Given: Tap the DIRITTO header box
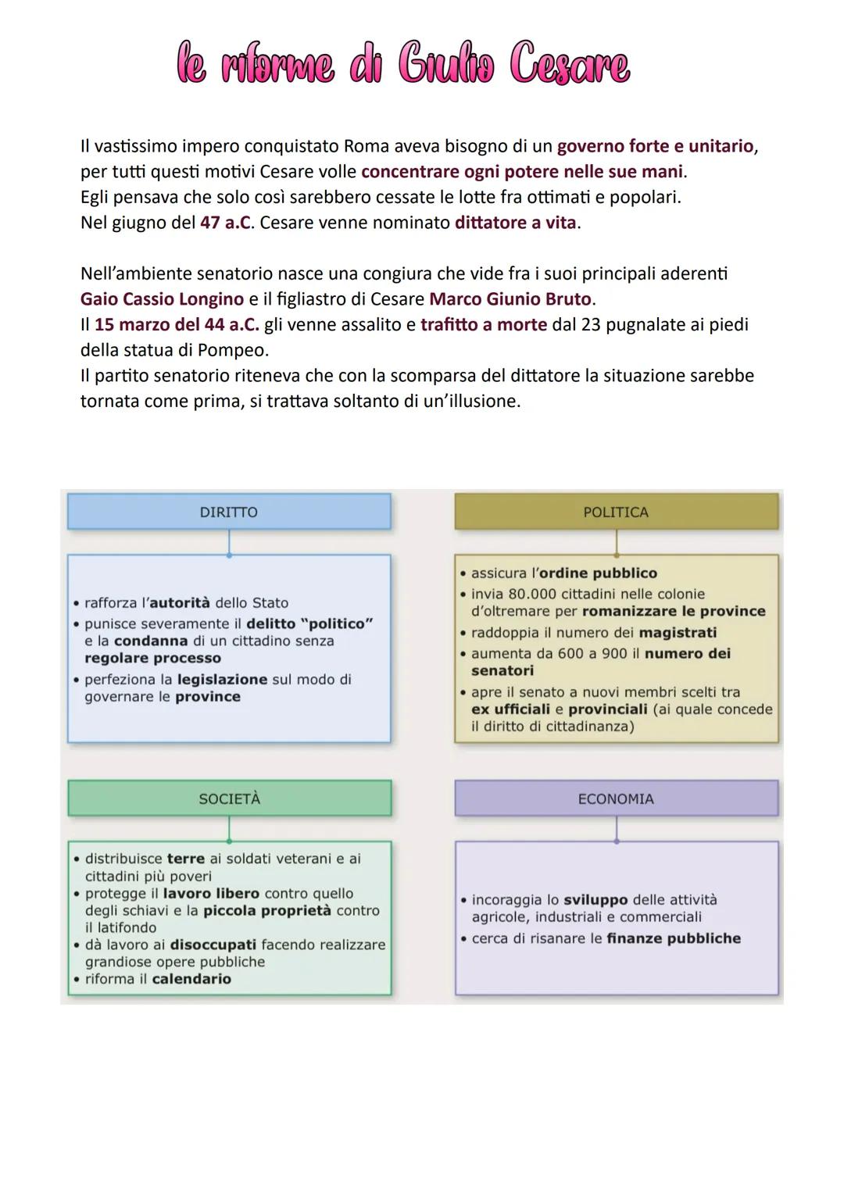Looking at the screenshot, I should coord(228,513).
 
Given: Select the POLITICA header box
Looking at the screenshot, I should coord(616,513).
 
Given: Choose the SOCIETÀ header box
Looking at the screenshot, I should coord(229,799).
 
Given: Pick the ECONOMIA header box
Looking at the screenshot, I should coord(616,799).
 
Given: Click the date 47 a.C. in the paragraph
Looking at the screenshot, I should coord(226,223).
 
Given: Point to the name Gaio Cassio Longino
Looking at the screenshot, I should coord(162,299).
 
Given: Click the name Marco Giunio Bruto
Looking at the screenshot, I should coord(511,299).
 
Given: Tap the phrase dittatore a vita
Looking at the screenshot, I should coord(516,223).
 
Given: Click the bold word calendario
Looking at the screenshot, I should coord(191,979).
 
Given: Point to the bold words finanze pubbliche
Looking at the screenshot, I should coord(673,938).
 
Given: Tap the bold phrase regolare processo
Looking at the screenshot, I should coord(152,658).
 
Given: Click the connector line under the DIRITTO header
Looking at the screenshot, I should coord(229,542).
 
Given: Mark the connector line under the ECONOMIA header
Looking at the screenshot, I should coord(617,829).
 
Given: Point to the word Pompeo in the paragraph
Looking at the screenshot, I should coord(234,349).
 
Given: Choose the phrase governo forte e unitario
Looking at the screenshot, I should coord(656,146).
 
